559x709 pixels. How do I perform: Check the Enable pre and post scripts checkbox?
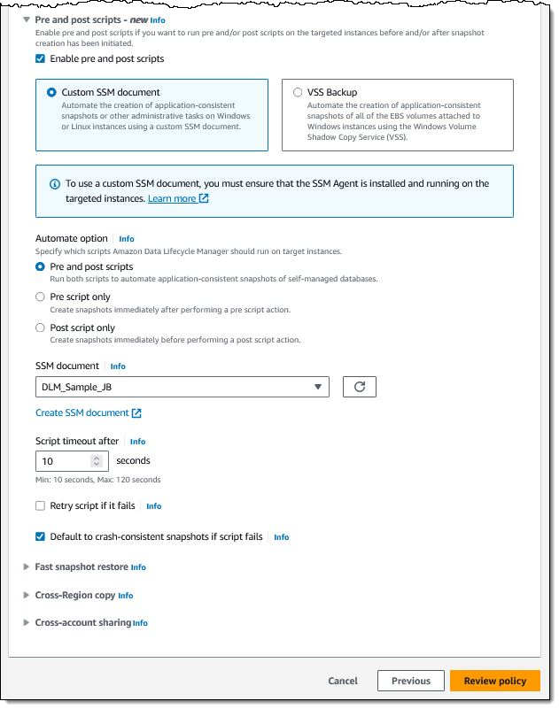(x=40, y=59)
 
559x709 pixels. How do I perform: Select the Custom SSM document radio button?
(x=51, y=92)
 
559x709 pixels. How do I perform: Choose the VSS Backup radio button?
(x=298, y=92)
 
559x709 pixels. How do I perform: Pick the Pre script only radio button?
(x=40, y=297)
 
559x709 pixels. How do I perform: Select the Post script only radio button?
(x=40, y=328)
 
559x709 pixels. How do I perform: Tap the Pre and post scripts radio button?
(x=40, y=266)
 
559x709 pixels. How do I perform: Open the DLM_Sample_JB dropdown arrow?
(x=318, y=387)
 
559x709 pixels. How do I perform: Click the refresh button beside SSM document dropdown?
(x=359, y=387)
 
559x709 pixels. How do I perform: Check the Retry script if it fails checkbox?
(x=40, y=506)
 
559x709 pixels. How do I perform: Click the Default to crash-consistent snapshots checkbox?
(x=40, y=536)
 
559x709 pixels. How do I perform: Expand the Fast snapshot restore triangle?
(x=27, y=566)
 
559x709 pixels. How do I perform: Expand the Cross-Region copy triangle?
(x=27, y=595)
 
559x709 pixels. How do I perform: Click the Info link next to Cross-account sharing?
(x=140, y=623)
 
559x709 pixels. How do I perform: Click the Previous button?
(x=410, y=681)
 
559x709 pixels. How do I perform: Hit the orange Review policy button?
(x=494, y=681)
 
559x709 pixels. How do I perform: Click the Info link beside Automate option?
(x=127, y=239)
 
